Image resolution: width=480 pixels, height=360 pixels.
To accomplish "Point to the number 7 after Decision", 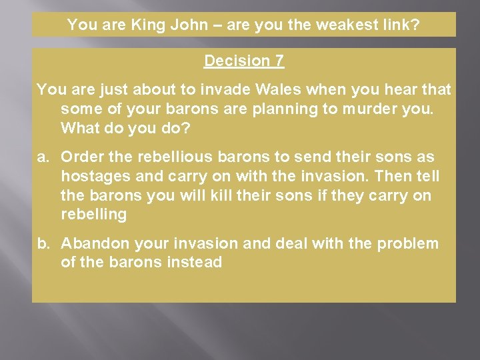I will pyautogui.click(x=279, y=61).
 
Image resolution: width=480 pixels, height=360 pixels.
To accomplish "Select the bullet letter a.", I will pyautogui.click(x=43, y=157).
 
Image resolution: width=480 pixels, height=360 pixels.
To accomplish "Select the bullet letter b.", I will pyautogui.click(x=43, y=244).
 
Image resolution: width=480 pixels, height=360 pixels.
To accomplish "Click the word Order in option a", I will pyautogui.click(x=81, y=157).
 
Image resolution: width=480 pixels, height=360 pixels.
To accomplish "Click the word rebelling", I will pyautogui.click(x=93, y=215).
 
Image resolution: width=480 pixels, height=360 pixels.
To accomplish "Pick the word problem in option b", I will pyautogui.click(x=408, y=244).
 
